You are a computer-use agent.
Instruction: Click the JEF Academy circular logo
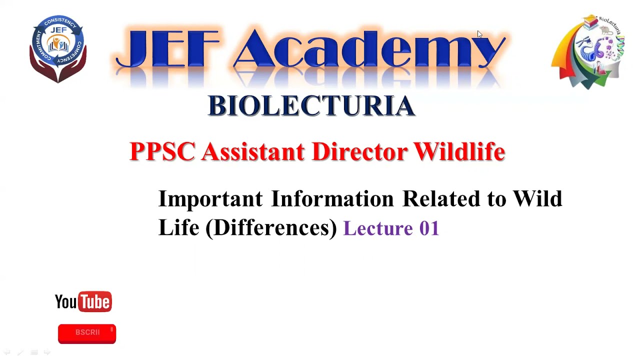58,48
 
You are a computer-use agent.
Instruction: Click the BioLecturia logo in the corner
589,52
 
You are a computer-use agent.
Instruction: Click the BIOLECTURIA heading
311,105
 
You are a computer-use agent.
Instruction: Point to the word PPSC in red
162,151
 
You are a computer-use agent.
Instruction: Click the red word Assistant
252,151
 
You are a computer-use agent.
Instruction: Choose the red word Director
359,151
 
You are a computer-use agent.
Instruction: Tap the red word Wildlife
459,151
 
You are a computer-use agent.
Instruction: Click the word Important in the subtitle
210,199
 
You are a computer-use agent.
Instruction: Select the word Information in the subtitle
332,199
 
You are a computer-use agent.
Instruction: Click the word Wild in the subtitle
537,199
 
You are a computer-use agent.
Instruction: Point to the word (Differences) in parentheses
271,228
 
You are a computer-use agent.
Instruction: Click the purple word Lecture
378,228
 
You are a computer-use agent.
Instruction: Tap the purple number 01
429,228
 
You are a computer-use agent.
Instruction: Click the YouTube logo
83,301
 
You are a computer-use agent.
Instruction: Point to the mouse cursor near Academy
479,34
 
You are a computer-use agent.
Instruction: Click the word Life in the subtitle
178,228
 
